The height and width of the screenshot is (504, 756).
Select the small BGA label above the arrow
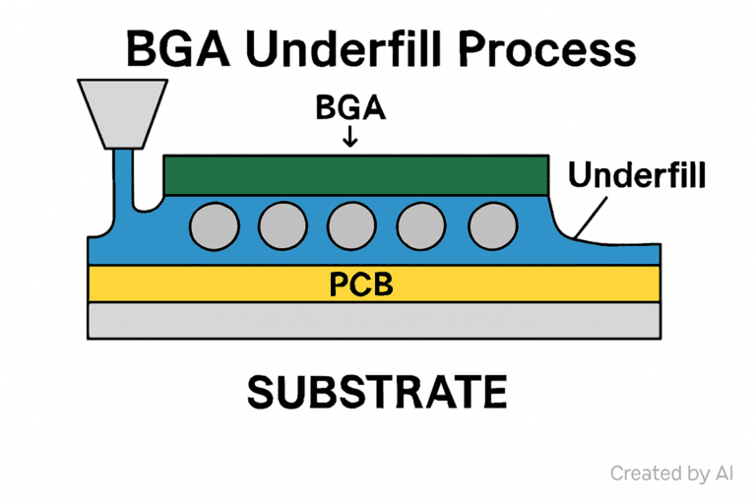pos(350,109)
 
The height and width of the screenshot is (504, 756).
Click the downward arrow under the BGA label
pos(350,139)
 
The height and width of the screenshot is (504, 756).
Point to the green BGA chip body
pos(355,175)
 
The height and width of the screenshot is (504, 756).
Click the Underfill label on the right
pos(637,176)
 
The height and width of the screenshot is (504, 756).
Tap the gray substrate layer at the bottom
pos(374,321)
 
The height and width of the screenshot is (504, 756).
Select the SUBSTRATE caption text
pos(376,392)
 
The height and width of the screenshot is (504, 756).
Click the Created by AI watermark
pos(672,473)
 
